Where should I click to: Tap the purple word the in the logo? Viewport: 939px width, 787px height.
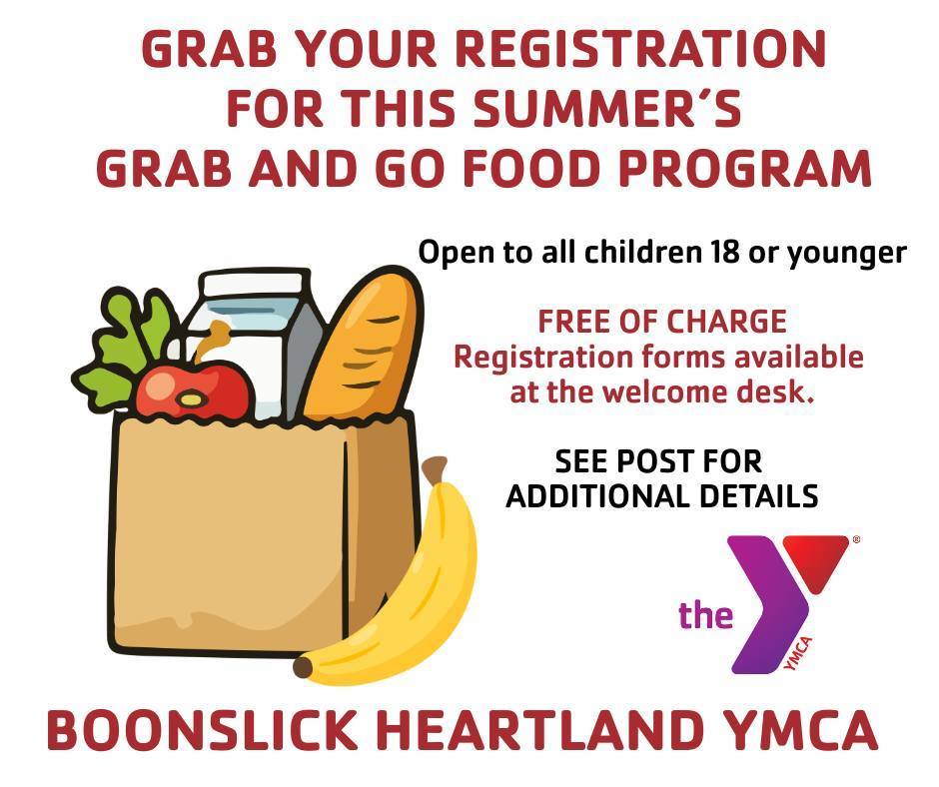(x=706, y=614)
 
